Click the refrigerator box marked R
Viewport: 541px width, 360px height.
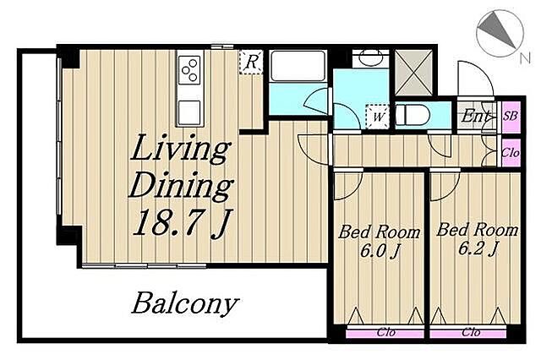coord(251,62)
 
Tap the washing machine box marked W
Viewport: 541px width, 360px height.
coord(378,117)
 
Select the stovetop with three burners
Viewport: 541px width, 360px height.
coord(189,69)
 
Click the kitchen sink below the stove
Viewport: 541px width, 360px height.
coord(189,112)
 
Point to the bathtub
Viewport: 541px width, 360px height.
coord(298,66)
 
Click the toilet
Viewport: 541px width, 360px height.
coord(413,116)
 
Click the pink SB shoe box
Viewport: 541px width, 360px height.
coord(511,116)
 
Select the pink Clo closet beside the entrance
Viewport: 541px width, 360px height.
coord(511,152)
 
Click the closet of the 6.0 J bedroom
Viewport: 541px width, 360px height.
coord(385,333)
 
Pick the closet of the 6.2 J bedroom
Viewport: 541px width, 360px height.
coord(468,333)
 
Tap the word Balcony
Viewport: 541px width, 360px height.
coord(185,303)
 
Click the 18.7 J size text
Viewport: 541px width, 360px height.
coord(183,223)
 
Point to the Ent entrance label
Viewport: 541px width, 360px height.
coord(475,116)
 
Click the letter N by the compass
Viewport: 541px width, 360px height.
coord(525,57)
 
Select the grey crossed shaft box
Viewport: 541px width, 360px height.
coord(413,73)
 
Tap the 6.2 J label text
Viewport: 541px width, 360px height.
coord(477,248)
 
